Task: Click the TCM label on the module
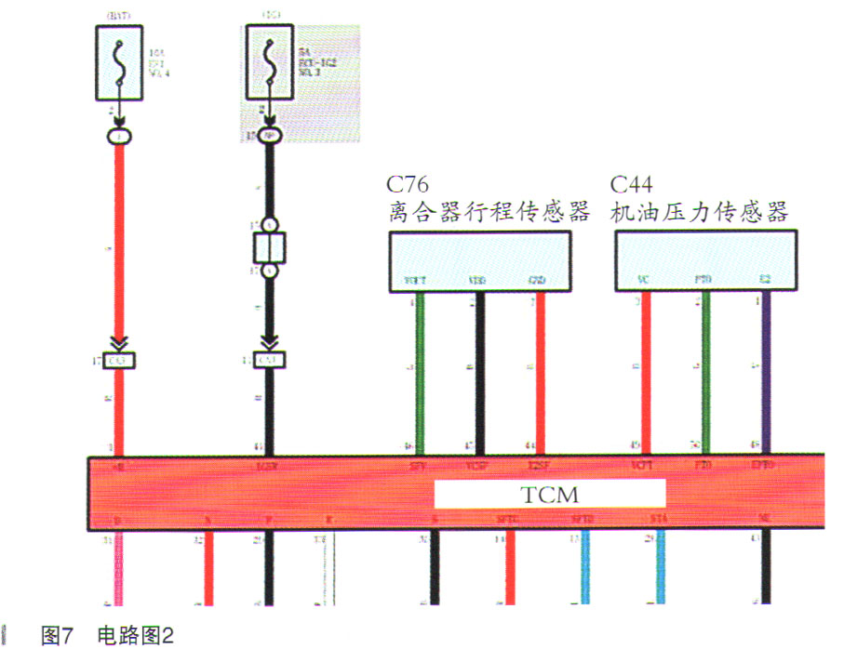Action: [550, 494]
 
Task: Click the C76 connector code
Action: [409, 184]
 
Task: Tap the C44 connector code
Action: [632, 184]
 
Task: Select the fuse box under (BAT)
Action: [120, 62]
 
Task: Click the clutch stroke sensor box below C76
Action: [480, 261]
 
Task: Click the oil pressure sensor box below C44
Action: [706, 261]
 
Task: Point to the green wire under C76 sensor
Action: [420, 372]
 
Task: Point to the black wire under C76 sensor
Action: [480, 372]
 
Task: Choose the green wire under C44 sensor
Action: [706, 372]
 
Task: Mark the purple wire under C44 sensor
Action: [766, 372]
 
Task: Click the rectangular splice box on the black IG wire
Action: [269, 248]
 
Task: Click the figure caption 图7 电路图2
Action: [108, 636]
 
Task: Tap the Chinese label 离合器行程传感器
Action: [489, 213]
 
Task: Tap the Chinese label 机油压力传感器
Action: [700, 213]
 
